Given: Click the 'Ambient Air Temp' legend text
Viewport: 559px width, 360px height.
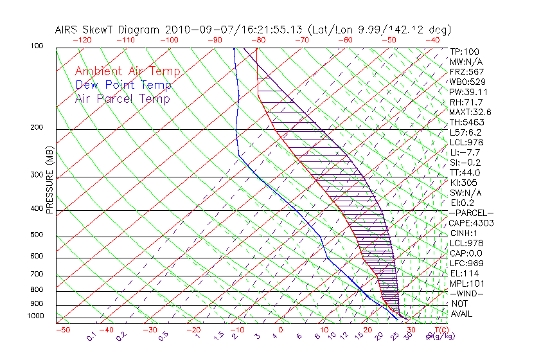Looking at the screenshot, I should coord(127,71).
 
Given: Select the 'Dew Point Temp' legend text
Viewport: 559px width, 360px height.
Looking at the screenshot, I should coord(123,85).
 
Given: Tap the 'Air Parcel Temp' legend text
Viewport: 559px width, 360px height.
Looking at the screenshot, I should coord(122,98).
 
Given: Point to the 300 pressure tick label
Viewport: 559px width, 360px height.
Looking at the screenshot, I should coord(37,175).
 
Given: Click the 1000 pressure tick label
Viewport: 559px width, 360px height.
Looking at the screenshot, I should coord(35,316).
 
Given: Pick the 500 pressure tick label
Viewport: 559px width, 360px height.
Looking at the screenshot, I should coord(37,235).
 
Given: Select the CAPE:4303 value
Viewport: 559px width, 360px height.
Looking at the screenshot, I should coord(471,223).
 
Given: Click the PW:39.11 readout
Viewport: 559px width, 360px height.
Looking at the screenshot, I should coord(468,92).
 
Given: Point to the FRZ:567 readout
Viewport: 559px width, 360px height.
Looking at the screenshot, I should coord(466,71).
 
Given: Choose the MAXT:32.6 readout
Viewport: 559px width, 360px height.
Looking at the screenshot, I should coord(470,112).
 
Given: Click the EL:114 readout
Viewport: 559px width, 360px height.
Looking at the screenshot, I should coord(464,273).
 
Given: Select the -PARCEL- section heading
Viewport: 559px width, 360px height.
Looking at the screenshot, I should coord(471,213).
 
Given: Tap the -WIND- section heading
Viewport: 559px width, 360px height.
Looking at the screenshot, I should coord(466,293).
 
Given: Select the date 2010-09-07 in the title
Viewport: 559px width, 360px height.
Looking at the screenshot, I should coord(193,30).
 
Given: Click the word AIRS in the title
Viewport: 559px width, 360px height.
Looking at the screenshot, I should coord(67,30).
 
